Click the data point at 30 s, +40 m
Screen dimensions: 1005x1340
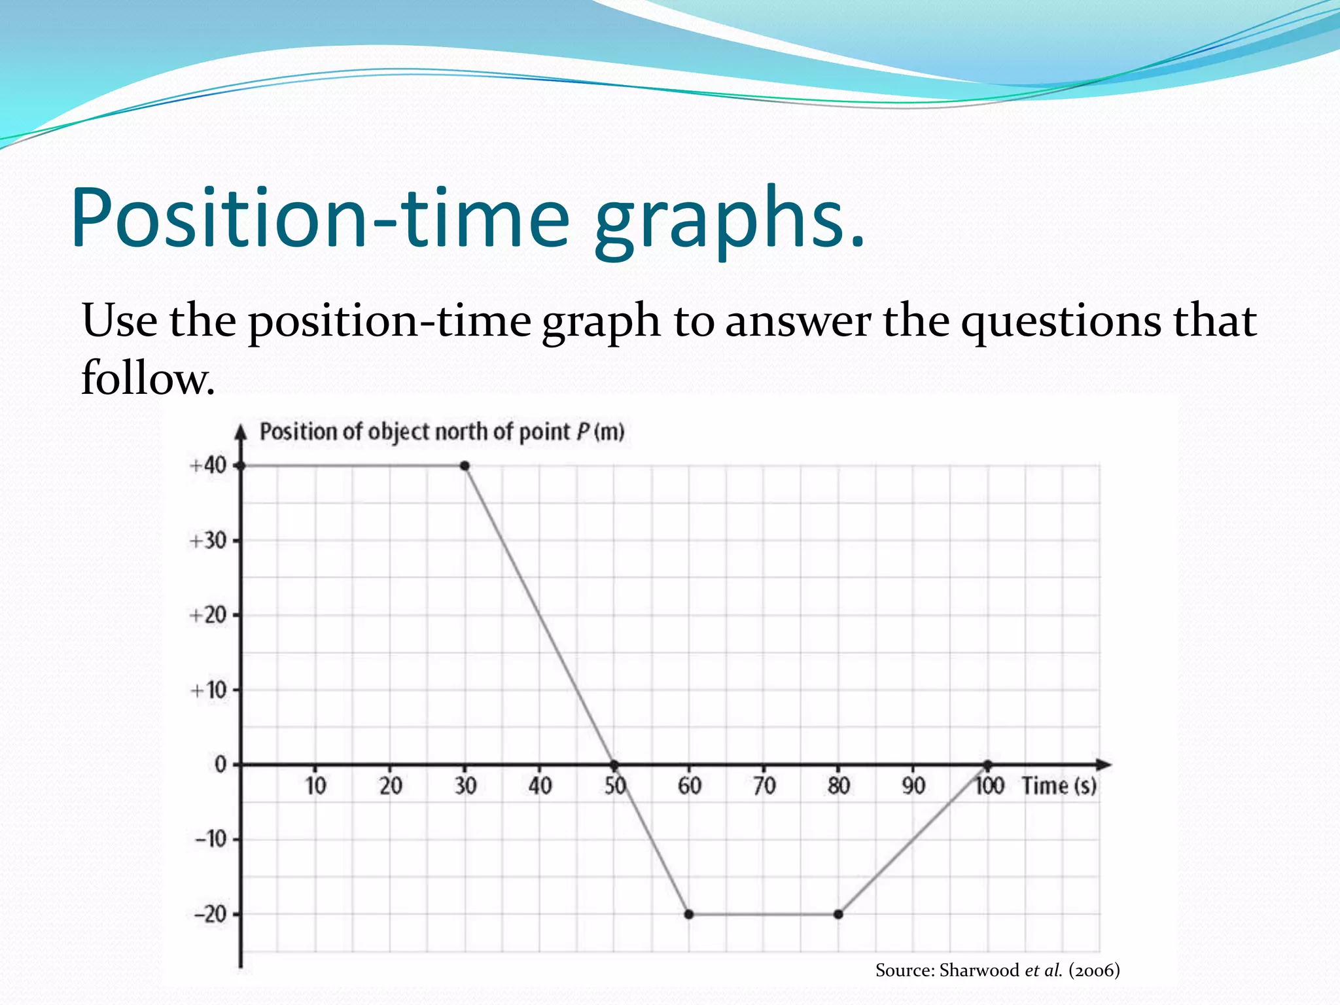(x=465, y=466)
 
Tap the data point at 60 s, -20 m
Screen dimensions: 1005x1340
(x=689, y=914)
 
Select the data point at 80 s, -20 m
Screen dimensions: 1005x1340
(x=838, y=914)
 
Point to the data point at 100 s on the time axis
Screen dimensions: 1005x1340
(x=988, y=764)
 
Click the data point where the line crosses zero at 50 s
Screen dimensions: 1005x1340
(x=614, y=764)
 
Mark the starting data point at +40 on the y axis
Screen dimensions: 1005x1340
(x=241, y=466)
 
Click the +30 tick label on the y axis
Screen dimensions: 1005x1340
(x=207, y=541)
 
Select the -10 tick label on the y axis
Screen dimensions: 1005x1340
(x=210, y=839)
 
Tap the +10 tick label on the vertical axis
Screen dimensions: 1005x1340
(x=207, y=690)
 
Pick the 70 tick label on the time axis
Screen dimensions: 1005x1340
(x=764, y=786)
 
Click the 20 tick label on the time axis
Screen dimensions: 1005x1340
(x=391, y=786)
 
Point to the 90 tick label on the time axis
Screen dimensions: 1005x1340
(x=913, y=786)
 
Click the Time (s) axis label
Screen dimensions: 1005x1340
(x=1059, y=786)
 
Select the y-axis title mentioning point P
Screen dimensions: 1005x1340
(x=442, y=432)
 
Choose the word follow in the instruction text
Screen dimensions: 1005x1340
(x=148, y=378)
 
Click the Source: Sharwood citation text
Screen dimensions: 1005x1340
(x=997, y=970)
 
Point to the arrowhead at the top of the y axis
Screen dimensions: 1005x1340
(x=241, y=431)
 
